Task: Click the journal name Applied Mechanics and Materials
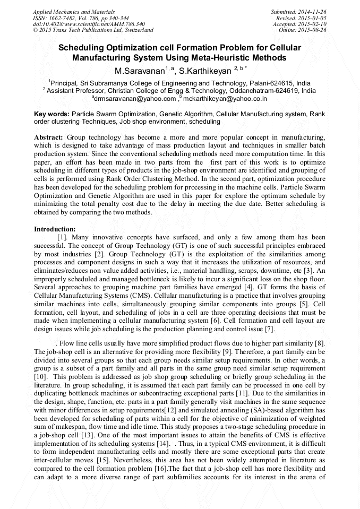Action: (x=73, y=12)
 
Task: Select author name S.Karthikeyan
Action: (x=205, y=71)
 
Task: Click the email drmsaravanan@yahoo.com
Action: (x=134, y=98)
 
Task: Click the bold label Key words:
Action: (x=52, y=114)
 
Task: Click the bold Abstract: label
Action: (x=49, y=137)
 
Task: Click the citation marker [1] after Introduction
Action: (x=62, y=237)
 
